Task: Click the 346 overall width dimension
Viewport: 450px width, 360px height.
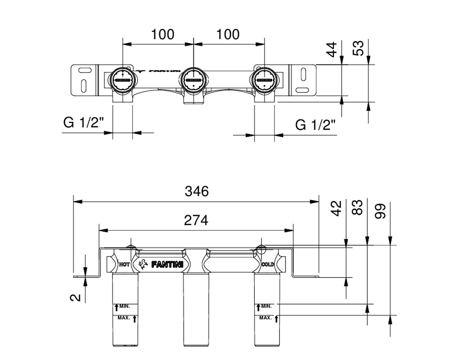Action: (197, 192)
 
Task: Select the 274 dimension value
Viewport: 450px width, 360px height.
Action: (196, 220)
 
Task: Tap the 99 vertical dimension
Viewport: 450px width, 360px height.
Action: (380, 211)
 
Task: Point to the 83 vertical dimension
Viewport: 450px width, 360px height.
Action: (358, 208)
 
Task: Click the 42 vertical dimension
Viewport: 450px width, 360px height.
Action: (338, 208)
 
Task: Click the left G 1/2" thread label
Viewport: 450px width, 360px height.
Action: (84, 123)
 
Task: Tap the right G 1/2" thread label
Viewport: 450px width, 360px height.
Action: (315, 125)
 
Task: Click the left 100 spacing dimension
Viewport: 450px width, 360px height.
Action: (163, 34)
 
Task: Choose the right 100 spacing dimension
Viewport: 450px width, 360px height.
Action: (228, 34)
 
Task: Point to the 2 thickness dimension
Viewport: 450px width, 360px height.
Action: (77, 297)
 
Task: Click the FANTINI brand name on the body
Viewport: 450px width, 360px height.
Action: (167, 265)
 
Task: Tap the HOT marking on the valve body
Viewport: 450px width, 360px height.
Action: (124, 265)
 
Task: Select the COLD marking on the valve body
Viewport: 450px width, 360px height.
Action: (268, 265)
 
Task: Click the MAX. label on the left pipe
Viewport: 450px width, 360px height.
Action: (124, 318)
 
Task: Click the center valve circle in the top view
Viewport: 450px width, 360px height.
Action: (194, 80)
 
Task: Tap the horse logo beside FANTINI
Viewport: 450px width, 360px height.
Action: (143, 264)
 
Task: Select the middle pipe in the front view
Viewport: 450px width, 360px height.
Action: (196, 310)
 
